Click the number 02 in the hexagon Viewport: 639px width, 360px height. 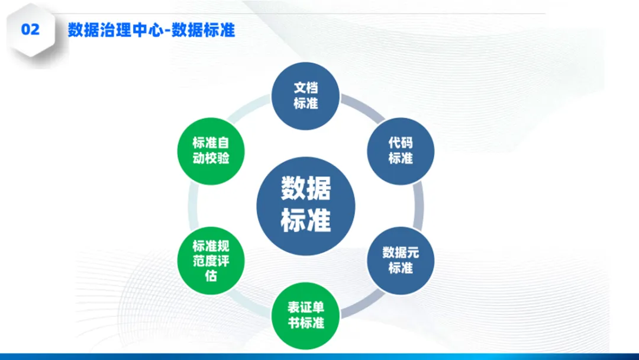pyautogui.click(x=30, y=30)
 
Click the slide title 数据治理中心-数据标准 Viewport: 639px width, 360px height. pyautogui.click(x=151, y=30)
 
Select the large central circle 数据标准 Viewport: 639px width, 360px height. pyautogui.click(x=306, y=205)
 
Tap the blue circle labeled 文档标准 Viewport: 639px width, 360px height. pyautogui.click(x=305, y=96)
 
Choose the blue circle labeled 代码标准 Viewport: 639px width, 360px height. pyautogui.click(x=401, y=150)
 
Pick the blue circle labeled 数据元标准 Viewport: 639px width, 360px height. pyautogui.click(x=401, y=261)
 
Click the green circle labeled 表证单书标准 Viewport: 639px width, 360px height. pyautogui.click(x=305, y=316)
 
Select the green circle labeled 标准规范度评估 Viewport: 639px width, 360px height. pyautogui.click(x=211, y=261)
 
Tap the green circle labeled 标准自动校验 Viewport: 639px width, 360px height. pyautogui.click(x=211, y=150)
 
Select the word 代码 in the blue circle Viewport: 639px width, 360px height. pyautogui.click(x=401, y=143)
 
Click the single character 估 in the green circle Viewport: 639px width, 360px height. pyautogui.click(x=211, y=275)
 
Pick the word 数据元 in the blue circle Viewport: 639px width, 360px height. pyautogui.click(x=401, y=253)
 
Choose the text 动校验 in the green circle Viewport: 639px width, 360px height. pyautogui.click(x=211, y=158)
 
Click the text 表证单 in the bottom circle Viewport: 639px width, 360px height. pyautogui.click(x=306, y=308)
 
